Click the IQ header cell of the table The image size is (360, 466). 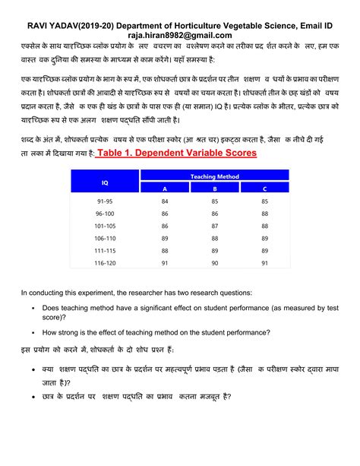(105, 182)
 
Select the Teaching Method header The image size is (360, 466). (214, 176)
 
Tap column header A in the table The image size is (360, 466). (165, 189)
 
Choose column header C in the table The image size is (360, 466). (264, 189)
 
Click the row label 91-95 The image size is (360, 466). (104, 201)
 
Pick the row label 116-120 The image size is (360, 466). (104, 262)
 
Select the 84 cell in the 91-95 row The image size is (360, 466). (165, 201)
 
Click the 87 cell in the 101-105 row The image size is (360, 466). (215, 226)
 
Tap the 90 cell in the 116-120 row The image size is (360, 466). (215, 262)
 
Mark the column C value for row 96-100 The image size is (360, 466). (264, 214)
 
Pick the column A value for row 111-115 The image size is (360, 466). (165, 250)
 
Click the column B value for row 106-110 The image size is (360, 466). (215, 238)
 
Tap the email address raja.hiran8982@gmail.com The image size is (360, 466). (179, 35)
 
